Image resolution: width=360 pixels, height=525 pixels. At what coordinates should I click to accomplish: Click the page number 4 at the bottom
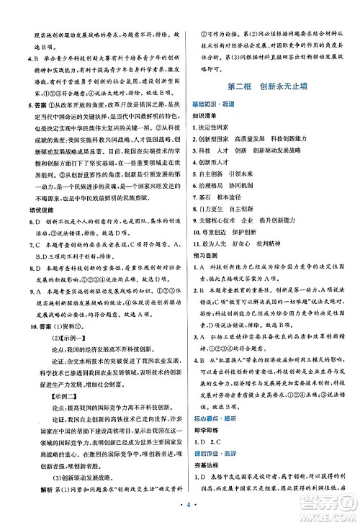point(179,513)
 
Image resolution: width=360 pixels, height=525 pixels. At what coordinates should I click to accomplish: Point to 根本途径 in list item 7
point(232,201)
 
